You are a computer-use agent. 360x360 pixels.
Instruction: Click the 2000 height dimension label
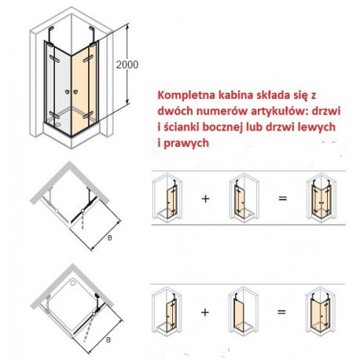click(x=127, y=64)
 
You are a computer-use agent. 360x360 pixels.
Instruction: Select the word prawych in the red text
click(x=186, y=144)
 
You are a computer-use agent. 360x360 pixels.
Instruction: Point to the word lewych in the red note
click(x=320, y=127)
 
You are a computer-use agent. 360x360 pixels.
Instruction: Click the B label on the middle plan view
click(x=110, y=237)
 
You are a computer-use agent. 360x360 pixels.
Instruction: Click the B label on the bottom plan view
click(x=108, y=340)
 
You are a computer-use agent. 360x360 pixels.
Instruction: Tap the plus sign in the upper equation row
click(x=205, y=199)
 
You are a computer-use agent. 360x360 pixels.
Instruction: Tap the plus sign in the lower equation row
click(x=205, y=312)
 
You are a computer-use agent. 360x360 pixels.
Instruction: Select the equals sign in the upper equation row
click(x=283, y=198)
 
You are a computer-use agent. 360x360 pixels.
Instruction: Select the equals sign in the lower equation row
click(x=281, y=312)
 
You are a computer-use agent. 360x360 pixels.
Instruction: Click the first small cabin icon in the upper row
click(x=167, y=197)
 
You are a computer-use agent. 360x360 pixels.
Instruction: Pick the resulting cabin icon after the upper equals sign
click(x=321, y=197)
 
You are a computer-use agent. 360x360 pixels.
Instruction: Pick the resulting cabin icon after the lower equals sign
click(x=321, y=310)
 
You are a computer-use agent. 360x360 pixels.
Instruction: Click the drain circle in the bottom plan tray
click(x=73, y=282)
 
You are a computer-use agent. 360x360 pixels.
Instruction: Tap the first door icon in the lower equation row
click(x=167, y=310)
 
